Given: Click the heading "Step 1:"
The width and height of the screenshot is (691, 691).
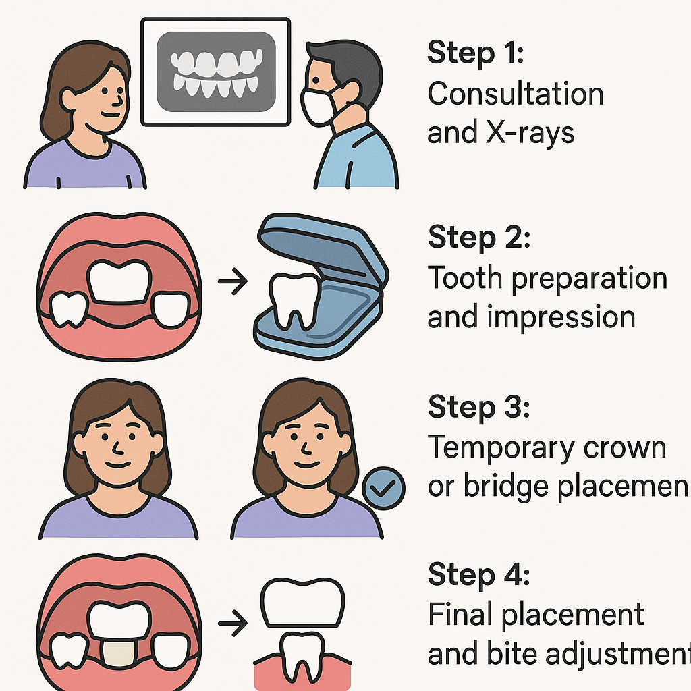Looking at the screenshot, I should click(x=476, y=54).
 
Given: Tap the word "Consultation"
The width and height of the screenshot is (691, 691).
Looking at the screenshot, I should click(x=516, y=94).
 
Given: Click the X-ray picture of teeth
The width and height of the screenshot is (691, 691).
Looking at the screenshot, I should click(x=216, y=73).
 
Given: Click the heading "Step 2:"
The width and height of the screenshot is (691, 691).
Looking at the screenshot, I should click(x=479, y=238).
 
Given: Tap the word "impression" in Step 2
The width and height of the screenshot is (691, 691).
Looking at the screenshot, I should click(x=572, y=316).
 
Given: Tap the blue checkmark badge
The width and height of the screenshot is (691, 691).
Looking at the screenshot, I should click(x=383, y=489).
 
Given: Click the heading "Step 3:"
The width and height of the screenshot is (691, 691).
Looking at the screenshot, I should click(x=479, y=408).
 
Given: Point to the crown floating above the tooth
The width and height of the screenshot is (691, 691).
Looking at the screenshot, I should click(x=302, y=603).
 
